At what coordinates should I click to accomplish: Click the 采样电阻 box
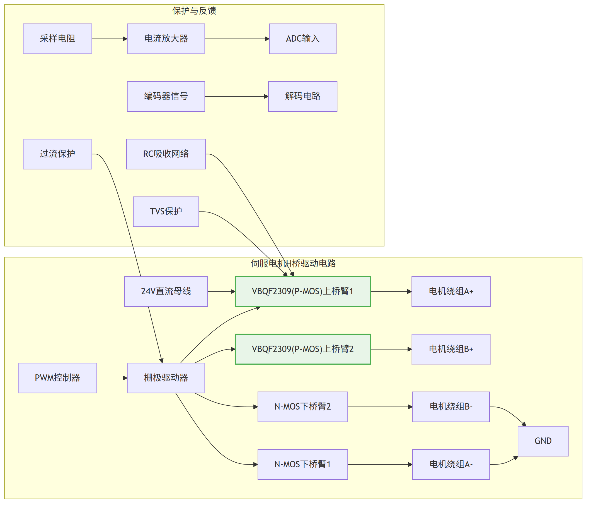[58, 39]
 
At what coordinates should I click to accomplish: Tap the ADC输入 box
[303, 39]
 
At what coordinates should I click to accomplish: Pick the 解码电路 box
[303, 97]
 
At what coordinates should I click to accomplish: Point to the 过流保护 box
[58, 154]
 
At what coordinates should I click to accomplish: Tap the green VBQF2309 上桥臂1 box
[303, 292]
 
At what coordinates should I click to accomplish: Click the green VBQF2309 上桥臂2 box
[303, 349]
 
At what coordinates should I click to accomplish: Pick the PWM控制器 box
[58, 378]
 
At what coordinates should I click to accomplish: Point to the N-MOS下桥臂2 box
[303, 407]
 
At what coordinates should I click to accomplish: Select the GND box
[543, 441]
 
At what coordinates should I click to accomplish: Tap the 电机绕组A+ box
[451, 292]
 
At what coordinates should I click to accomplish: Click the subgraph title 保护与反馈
[194, 11]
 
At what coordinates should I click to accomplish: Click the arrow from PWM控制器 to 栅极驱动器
[112, 378]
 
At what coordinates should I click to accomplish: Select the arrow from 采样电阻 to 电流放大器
[110, 39]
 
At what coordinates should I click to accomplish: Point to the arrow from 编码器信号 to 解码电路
[237, 97]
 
